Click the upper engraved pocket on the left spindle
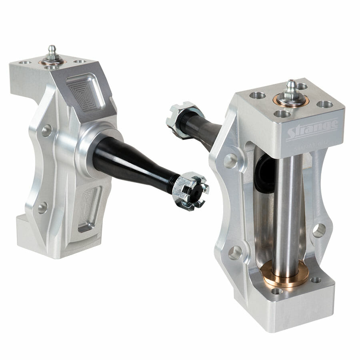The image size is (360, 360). (x=86, y=92)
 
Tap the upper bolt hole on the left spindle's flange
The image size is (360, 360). (x=46, y=130)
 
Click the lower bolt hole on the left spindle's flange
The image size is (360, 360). (x=42, y=207)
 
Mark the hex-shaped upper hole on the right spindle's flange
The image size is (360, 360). (x=230, y=160)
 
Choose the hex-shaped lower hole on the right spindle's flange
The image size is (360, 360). (x=235, y=252)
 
